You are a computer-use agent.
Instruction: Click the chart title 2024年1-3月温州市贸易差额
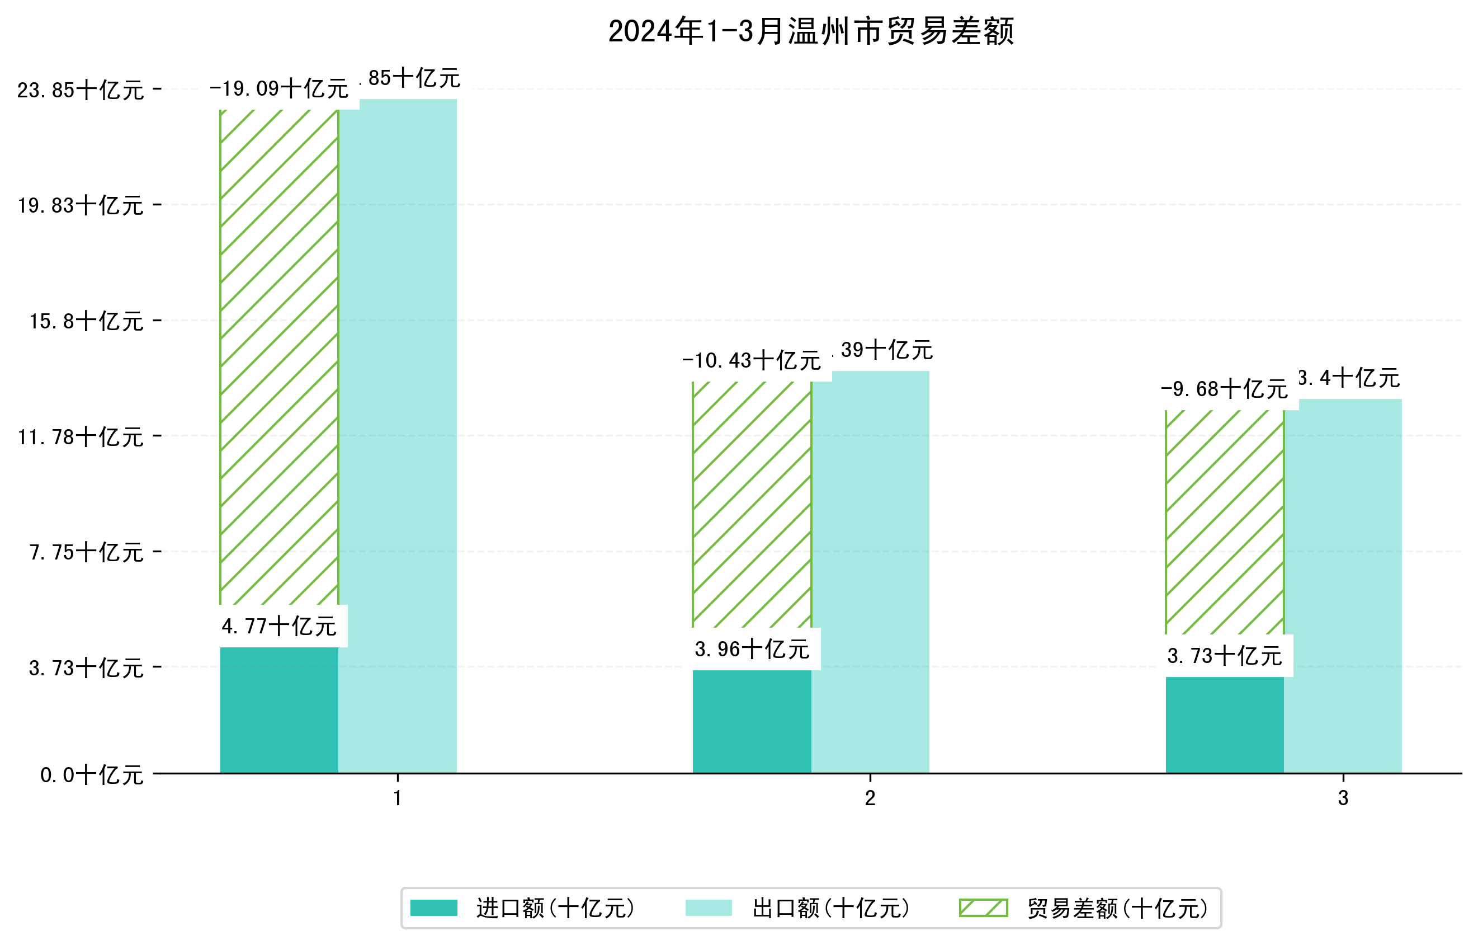tap(810, 31)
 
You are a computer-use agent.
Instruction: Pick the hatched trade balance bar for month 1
tap(278, 356)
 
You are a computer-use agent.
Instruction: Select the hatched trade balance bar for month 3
tap(1225, 522)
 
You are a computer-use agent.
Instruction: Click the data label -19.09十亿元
tap(278, 89)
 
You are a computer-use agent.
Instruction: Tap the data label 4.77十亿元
tap(278, 626)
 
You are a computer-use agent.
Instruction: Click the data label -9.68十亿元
tap(1224, 389)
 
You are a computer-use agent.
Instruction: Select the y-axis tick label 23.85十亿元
tap(81, 90)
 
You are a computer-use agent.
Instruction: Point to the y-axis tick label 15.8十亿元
tap(87, 321)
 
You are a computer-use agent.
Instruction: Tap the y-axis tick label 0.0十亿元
tap(92, 775)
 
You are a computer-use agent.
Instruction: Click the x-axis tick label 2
tap(870, 798)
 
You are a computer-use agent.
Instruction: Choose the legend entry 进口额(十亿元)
tap(555, 908)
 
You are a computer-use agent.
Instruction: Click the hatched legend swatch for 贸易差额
tap(983, 908)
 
